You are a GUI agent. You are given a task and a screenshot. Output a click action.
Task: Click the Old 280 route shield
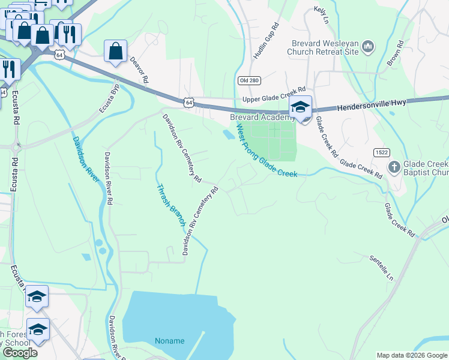pyautogui.click(x=244, y=81)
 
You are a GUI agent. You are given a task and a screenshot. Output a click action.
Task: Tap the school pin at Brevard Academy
pyautogui.click(x=300, y=108)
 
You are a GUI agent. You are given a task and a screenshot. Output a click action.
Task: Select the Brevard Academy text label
pyautogui.click(x=262, y=118)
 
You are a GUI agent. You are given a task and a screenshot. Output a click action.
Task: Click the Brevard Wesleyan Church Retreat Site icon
pyautogui.click(x=369, y=46)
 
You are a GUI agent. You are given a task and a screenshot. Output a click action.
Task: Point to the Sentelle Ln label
pyautogui.click(x=381, y=269)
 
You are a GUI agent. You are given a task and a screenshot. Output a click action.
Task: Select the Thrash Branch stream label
pyautogui.click(x=170, y=205)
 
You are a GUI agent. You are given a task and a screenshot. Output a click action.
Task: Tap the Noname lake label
pyautogui.click(x=170, y=341)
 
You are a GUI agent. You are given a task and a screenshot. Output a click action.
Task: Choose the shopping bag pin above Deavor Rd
pyautogui.click(x=116, y=52)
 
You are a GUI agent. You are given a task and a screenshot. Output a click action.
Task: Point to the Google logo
pyautogui.click(x=20, y=352)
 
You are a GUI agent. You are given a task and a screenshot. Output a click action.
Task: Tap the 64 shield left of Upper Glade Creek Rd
pyautogui.click(x=189, y=103)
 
